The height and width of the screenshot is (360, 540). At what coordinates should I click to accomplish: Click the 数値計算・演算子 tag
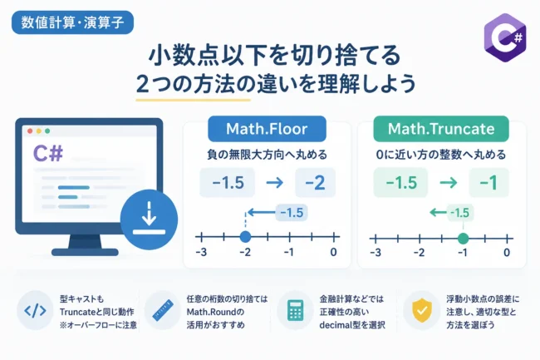tap(72, 22)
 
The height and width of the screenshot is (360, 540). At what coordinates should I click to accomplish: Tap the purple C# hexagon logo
tap(505, 37)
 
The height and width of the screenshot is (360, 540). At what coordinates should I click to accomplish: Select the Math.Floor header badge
tap(267, 129)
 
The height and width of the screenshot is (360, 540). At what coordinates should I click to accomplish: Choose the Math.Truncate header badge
tap(441, 129)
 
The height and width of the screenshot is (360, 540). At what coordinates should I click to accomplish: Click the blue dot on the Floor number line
tap(245, 237)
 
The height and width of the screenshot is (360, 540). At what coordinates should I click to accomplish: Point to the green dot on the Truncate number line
tap(464, 238)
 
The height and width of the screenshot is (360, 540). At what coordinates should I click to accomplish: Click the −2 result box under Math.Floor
tap(315, 183)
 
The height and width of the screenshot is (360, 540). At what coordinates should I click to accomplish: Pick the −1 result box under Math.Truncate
tap(488, 183)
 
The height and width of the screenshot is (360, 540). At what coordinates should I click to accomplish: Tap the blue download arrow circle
tap(149, 219)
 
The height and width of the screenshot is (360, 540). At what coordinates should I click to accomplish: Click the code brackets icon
tap(35, 310)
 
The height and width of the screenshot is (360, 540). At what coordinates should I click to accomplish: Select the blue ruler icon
tap(163, 310)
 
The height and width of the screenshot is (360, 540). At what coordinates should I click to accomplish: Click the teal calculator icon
tap(295, 310)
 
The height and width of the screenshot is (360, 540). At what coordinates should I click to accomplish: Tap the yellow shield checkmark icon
tap(422, 310)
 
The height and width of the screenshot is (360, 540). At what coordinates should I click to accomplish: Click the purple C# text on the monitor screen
tap(48, 154)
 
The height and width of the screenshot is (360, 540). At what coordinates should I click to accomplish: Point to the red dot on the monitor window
tap(30, 131)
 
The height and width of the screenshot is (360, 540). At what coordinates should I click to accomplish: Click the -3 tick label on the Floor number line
tap(201, 253)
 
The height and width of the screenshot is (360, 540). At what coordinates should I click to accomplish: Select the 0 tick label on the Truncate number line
tap(507, 253)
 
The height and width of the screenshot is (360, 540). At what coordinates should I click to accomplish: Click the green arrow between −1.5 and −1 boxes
tap(449, 183)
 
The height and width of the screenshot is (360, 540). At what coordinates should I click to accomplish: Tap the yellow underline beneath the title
tap(194, 101)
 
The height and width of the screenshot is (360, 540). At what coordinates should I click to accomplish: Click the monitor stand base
tap(85, 252)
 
